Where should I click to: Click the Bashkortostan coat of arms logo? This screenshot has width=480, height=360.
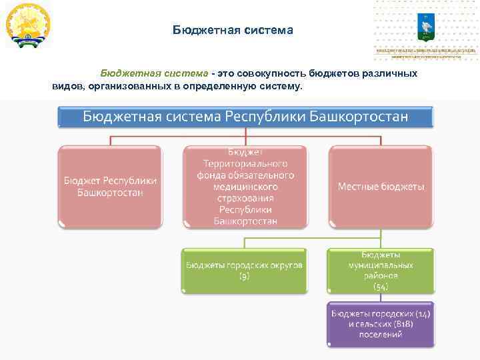[28, 25]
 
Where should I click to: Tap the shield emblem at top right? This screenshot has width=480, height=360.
[425, 26]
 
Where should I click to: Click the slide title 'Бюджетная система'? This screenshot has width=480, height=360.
[233, 30]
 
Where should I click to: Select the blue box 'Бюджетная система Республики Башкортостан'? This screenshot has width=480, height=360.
[245, 117]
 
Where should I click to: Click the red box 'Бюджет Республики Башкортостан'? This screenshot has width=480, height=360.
[111, 187]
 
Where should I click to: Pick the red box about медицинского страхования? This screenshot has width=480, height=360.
[245, 187]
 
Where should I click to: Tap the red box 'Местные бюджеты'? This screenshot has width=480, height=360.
[381, 187]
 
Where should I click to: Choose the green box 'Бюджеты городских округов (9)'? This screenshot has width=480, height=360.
[245, 270]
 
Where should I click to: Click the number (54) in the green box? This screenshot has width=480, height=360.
[381, 286]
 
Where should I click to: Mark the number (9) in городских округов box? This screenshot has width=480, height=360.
[245, 276]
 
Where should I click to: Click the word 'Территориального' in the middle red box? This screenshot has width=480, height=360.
[245, 163]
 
